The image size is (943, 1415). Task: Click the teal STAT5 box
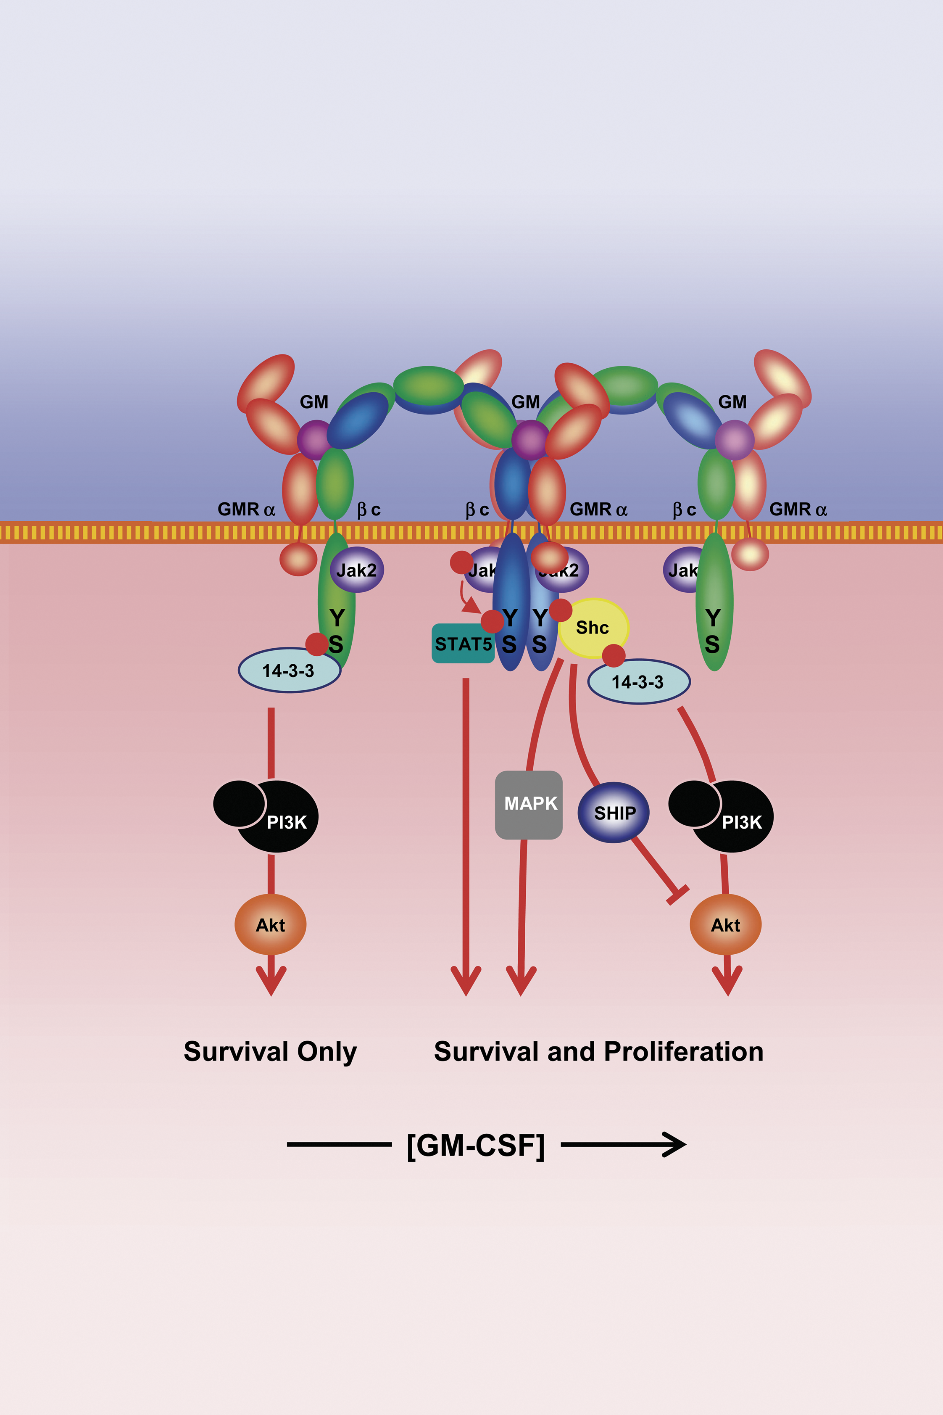[x=463, y=644]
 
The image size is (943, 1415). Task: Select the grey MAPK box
[x=529, y=804]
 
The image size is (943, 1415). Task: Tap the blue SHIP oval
[x=614, y=812]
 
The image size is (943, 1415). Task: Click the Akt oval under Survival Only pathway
[x=271, y=925]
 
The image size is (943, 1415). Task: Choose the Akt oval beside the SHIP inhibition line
[x=725, y=925]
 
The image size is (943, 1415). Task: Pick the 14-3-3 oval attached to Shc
[x=639, y=682]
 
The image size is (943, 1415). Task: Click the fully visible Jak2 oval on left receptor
[x=357, y=570]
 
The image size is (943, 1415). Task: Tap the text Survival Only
[x=270, y=1052]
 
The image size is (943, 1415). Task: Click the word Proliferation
[x=683, y=1052]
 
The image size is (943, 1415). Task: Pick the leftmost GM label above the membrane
[x=314, y=402]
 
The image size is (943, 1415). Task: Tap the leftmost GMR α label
[x=246, y=510]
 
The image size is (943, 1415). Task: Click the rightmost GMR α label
[x=798, y=510]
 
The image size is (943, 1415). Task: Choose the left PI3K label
[x=287, y=822]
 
